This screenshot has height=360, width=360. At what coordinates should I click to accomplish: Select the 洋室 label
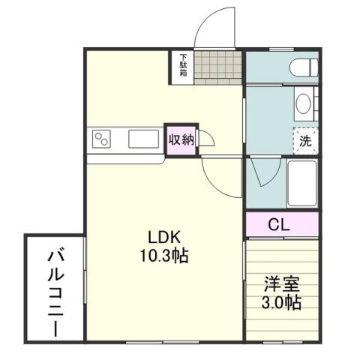[x=282, y=286]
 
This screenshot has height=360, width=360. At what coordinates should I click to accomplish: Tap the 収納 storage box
[x=181, y=140]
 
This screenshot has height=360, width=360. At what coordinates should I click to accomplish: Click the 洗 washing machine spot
[x=305, y=139]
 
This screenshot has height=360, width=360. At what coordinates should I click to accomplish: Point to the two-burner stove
[x=103, y=139]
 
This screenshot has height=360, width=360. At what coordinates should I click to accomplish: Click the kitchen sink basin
[x=142, y=139]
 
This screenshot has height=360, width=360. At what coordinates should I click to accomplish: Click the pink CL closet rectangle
[x=282, y=224]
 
